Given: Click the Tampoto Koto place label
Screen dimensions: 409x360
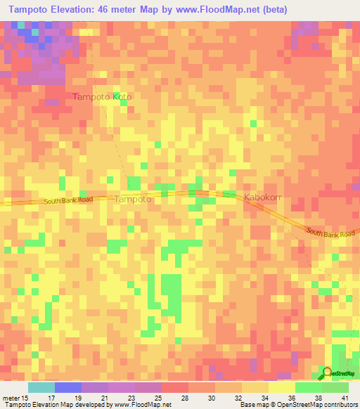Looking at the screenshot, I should click(103, 96).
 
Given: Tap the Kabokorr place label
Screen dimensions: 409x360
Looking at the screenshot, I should click(263, 198).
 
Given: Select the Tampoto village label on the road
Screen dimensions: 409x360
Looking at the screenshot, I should click(132, 199).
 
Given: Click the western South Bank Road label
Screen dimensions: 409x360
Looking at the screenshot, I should click(67, 200).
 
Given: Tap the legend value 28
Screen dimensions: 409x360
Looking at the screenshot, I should click(184, 397).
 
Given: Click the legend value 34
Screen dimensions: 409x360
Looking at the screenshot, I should click(264, 397).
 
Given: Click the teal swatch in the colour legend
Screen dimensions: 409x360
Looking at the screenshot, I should click(41, 387).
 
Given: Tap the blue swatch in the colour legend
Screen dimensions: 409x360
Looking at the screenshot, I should click(68, 387).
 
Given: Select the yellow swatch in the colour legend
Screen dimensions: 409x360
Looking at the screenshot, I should click(281, 387).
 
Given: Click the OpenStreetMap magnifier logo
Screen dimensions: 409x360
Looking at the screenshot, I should click(327, 372).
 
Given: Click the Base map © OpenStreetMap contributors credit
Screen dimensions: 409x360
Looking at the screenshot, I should click(297, 405).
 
